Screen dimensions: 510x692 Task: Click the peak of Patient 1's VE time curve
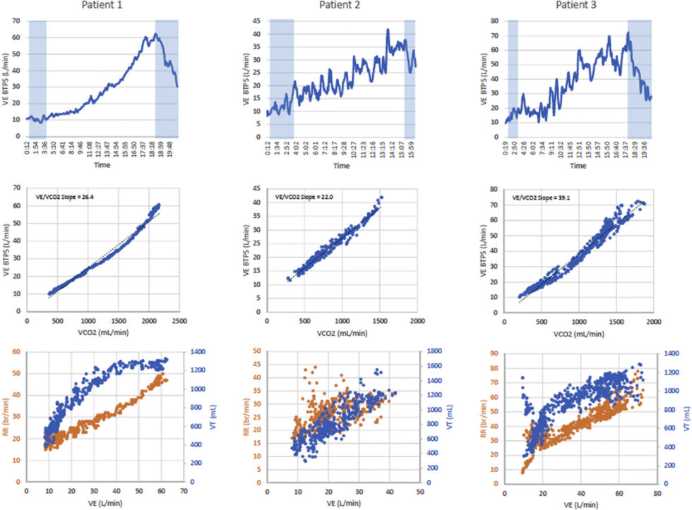coord(156,34)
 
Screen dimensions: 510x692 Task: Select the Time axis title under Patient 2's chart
coord(341,166)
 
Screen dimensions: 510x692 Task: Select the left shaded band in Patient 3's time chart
coord(513,78)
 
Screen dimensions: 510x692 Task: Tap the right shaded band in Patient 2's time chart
coord(410,78)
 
